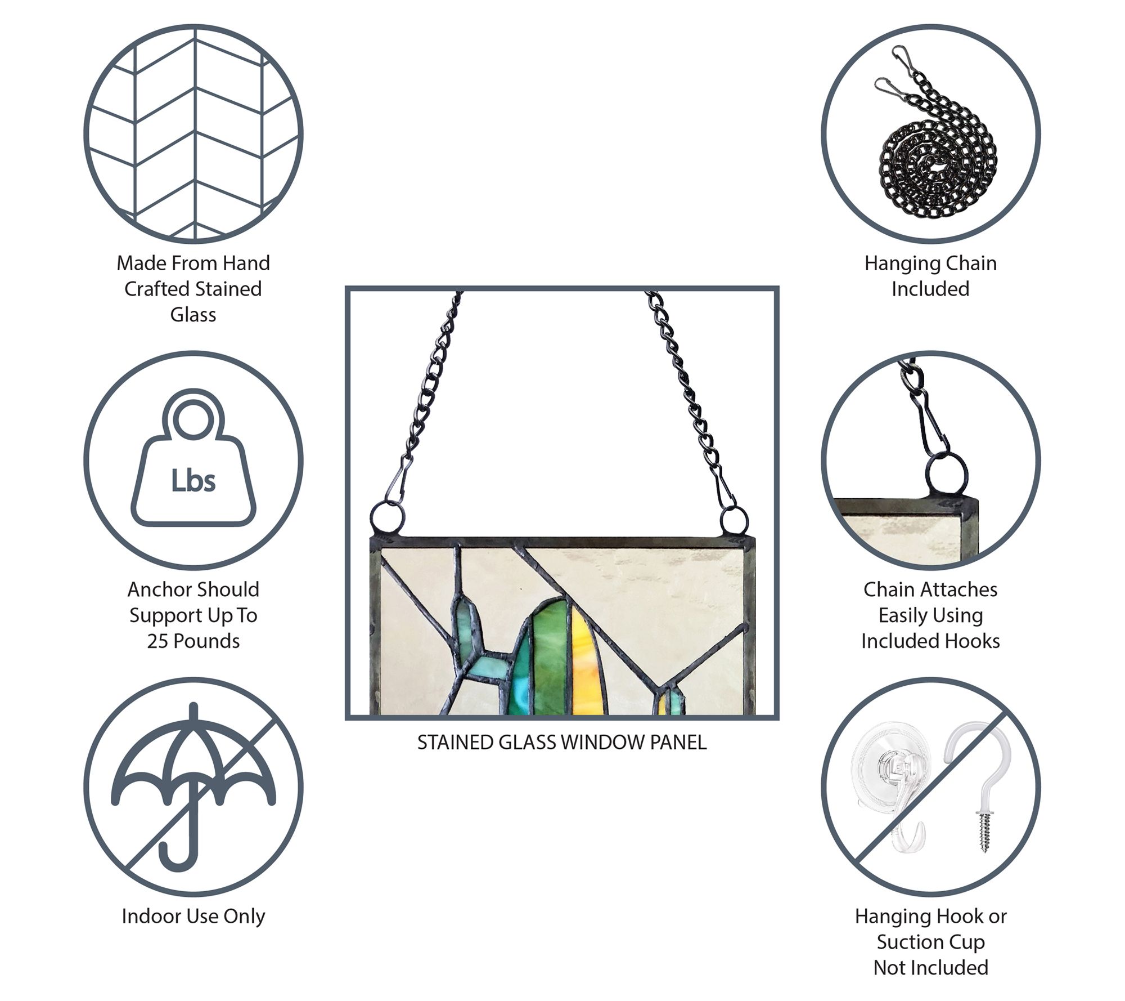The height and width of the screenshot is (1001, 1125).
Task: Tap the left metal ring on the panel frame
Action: tap(387, 517)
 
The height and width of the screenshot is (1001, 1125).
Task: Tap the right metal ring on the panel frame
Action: tap(735, 520)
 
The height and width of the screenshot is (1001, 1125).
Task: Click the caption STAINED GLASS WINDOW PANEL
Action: tap(562, 743)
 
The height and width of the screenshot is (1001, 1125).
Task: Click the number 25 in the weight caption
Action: tap(158, 641)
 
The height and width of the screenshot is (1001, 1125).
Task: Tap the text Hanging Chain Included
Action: tap(930, 276)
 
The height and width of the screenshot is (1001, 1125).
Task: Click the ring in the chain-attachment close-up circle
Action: tap(947, 473)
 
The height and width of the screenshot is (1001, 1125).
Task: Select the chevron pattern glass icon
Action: tap(193, 134)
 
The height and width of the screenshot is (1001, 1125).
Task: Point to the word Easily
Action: tap(900, 615)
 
